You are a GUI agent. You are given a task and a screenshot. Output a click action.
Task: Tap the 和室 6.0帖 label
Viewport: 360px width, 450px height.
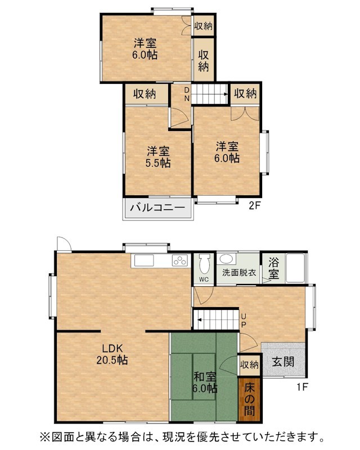(204, 382)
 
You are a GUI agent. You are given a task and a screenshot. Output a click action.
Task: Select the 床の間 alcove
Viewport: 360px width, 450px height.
(250, 399)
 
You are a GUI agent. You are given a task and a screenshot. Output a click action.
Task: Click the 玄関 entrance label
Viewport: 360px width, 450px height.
(283, 361)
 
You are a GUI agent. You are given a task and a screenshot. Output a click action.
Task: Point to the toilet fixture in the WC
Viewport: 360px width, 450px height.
(204, 263)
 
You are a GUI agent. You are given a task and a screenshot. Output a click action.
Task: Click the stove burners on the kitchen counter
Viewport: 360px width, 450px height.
(179, 260)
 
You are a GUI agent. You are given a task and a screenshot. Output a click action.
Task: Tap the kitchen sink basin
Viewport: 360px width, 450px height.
(144, 260)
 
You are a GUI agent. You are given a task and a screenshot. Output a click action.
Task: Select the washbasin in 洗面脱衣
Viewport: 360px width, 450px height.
(227, 259)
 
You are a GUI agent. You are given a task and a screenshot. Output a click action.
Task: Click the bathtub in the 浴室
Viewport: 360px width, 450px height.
(295, 268)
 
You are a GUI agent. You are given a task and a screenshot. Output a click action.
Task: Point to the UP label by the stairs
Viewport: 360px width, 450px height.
(243, 321)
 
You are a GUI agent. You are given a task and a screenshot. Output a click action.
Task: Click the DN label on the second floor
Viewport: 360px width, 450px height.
(187, 94)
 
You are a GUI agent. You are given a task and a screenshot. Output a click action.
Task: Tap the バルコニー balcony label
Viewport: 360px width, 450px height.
(157, 208)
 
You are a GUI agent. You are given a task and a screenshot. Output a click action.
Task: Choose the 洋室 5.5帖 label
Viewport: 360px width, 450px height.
(158, 157)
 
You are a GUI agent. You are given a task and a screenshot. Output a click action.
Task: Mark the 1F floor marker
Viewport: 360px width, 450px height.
(302, 388)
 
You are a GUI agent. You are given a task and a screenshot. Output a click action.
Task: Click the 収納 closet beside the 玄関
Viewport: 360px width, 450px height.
(249, 364)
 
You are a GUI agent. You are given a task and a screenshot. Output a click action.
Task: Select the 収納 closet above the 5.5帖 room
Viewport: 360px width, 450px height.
(145, 93)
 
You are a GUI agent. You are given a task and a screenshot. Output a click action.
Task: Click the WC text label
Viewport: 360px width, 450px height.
(204, 279)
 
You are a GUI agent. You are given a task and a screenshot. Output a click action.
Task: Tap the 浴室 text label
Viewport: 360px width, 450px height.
(273, 268)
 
